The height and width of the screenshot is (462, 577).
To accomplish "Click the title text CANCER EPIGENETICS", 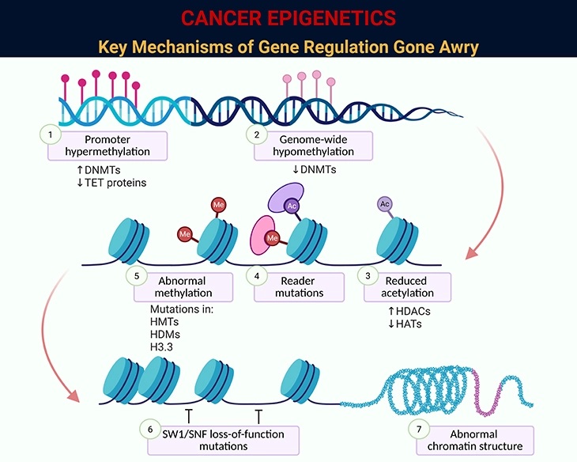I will (288, 17).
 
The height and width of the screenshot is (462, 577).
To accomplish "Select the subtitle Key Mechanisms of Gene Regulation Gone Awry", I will (288, 46).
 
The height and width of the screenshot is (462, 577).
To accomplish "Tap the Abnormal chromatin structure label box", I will (473, 439).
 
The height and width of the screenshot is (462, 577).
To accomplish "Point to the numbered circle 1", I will (50, 134).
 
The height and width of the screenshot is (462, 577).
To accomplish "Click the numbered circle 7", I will (420, 429).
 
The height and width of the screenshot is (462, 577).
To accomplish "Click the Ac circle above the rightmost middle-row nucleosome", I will (385, 203).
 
